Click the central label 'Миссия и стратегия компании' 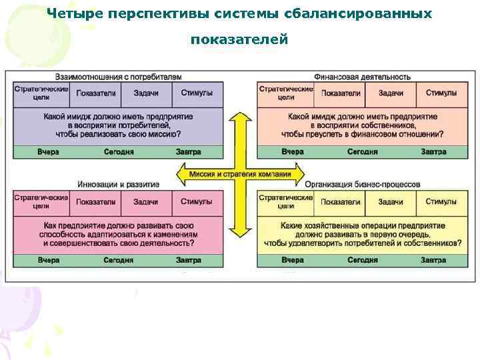coord(239,175)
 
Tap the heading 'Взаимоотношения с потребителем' coord(119,77)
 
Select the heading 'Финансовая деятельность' coord(363,77)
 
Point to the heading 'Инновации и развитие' coord(118,185)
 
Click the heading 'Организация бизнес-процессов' coord(363,185)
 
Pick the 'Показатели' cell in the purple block coord(96,93)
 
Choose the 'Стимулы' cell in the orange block coord(441,93)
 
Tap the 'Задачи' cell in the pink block coord(145,202)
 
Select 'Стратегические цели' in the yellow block coord(285,201)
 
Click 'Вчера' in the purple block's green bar coord(48,152)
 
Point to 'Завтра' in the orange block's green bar coord(433,152)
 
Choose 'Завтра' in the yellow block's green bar coord(433,260)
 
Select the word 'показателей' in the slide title coord(239,40)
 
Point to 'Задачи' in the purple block coord(145,93)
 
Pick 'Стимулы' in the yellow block coord(441,202)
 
